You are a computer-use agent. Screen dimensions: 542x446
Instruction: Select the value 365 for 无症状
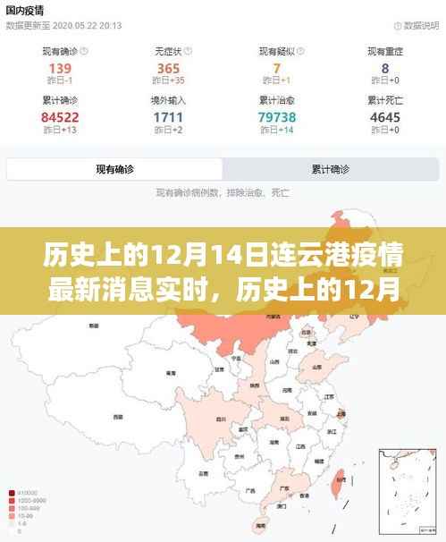tap(168, 70)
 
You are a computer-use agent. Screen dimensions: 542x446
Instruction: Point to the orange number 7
tap(276, 70)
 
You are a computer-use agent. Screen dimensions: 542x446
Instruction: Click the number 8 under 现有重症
tap(384, 70)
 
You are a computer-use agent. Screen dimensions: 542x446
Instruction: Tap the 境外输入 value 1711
tap(168, 117)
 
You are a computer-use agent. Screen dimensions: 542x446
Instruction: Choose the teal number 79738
tap(276, 117)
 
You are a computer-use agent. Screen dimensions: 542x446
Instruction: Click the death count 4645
tap(384, 117)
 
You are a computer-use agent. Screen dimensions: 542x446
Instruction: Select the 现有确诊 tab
tap(114, 168)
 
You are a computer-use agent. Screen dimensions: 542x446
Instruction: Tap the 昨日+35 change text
tap(168, 83)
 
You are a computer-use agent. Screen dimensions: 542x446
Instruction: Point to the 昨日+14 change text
tap(276, 131)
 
